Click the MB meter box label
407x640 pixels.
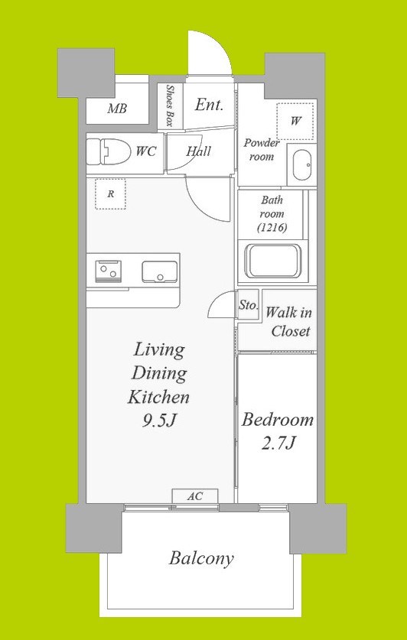(x=117, y=109)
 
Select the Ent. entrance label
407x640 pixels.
(x=209, y=106)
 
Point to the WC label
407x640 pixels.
(x=146, y=152)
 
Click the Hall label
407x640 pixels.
(x=199, y=151)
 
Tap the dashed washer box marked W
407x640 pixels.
(x=295, y=122)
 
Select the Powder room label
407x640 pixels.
(x=262, y=149)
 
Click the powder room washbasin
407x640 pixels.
(x=302, y=165)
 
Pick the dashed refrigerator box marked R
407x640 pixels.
(x=110, y=194)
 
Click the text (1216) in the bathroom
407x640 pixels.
(x=272, y=228)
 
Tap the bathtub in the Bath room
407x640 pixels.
(x=272, y=262)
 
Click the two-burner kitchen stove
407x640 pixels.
(x=108, y=271)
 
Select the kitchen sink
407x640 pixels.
(x=160, y=272)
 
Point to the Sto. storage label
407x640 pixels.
(x=249, y=305)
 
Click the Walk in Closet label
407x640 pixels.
(x=289, y=322)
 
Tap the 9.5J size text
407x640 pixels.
(x=159, y=421)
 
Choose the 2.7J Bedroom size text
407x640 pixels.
(x=278, y=443)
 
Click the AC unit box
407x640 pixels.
(x=195, y=496)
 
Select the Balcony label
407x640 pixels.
(x=201, y=558)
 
